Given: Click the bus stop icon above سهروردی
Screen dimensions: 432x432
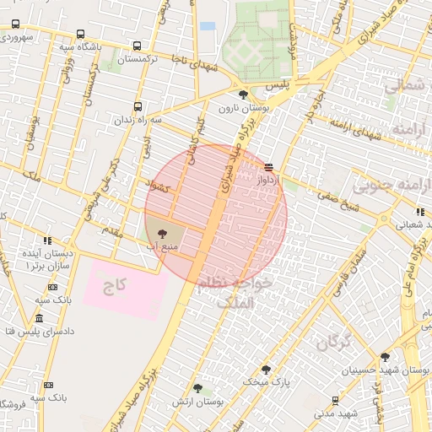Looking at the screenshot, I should tap(15, 24).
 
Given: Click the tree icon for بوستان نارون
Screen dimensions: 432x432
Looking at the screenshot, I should tap(244, 94).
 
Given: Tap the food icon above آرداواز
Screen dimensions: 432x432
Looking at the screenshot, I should tap(268, 167).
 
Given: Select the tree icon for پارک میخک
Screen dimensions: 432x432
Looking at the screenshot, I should tap(266, 369).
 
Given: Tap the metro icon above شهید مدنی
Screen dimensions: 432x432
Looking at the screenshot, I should tap(336, 401).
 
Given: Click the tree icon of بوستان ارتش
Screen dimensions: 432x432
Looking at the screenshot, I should tap(197, 388).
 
